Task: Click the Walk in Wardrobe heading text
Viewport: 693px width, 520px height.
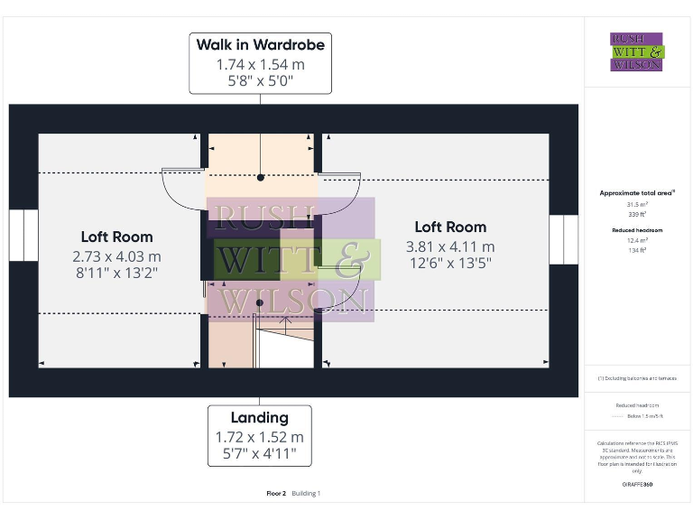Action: (x=260, y=45)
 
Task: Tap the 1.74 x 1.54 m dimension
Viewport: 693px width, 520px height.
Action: (x=260, y=65)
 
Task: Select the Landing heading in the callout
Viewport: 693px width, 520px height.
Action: (x=260, y=417)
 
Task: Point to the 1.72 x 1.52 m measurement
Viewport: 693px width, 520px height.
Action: (x=260, y=437)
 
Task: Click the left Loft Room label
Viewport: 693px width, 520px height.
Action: (x=117, y=237)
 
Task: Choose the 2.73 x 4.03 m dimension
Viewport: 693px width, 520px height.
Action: (x=117, y=257)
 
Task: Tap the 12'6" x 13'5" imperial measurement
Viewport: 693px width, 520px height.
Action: (x=450, y=263)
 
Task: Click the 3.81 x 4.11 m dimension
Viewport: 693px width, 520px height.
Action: (x=450, y=246)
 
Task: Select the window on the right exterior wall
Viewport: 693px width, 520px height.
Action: (x=563, y=239)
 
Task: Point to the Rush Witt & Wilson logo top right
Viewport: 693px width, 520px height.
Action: (x=636, y=51)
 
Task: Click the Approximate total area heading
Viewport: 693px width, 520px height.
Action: (x=637, y=193)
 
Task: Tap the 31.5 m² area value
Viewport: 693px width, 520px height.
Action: (x=637, y=204)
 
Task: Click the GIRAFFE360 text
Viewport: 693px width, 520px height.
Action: (x=637, y=485)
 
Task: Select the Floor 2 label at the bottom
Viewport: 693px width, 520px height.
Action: (x=276, y=494)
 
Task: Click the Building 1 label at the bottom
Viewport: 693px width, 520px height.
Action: (x=306, y=494)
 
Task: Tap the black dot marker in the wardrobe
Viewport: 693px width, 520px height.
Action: (x=260, y=178)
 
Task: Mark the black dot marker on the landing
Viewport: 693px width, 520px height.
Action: (x=260, y=302)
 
